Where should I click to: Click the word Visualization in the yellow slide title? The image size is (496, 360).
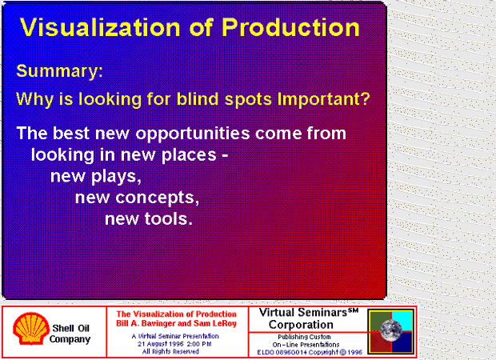coord(100,28)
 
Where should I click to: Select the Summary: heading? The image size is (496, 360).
coord(59,71)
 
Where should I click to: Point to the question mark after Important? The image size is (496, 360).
coord(366,98)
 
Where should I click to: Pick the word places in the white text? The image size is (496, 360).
coord(189,156)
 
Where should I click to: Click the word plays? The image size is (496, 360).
coord(116,177)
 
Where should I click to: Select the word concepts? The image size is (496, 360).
coord(158,198)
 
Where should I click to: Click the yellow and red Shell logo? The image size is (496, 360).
coord(30,328)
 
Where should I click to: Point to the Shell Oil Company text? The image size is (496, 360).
coord(70,334)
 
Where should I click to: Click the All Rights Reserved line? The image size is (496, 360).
coord(170,351)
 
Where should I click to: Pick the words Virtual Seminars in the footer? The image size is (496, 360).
coord(303,313)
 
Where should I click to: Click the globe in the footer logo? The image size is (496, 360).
coord(391,330)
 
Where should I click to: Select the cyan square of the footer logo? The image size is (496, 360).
coord(402,321)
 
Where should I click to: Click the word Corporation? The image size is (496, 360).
coord(301,325)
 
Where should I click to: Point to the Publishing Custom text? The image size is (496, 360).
coord(304,337)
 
